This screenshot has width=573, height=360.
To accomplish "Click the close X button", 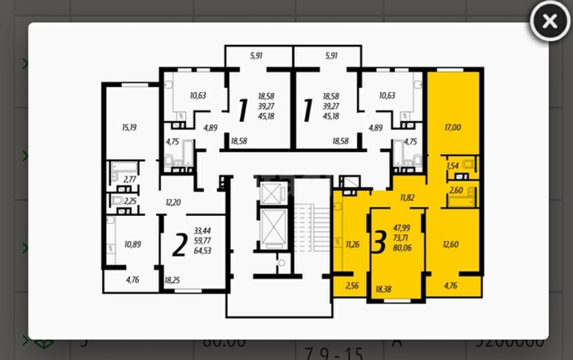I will [550, 21].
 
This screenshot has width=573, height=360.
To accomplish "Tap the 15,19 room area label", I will [129, 127].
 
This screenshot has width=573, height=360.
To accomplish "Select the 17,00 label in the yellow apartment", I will [452, 127].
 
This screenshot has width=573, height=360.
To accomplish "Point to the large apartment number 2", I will [178, 244].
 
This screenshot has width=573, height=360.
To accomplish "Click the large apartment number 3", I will [379, 241].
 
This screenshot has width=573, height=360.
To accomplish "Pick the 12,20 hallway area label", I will [173, 202].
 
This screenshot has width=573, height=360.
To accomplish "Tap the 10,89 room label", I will [132, 244].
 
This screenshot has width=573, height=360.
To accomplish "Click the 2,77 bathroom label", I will [130, 179].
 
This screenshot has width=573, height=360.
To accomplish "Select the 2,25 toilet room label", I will [130, 201].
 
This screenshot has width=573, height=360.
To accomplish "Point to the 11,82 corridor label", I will [407, 198].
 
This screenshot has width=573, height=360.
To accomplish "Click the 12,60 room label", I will [451, 243].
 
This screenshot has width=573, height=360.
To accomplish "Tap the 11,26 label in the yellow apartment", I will [354, 243].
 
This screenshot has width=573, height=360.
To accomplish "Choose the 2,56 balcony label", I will [352, 286].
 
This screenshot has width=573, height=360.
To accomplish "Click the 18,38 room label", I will [383, 289].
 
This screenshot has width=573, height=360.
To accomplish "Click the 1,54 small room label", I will [452, 166].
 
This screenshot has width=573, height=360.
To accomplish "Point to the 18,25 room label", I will [172, 280].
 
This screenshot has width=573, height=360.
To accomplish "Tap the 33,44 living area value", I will [202, 231].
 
